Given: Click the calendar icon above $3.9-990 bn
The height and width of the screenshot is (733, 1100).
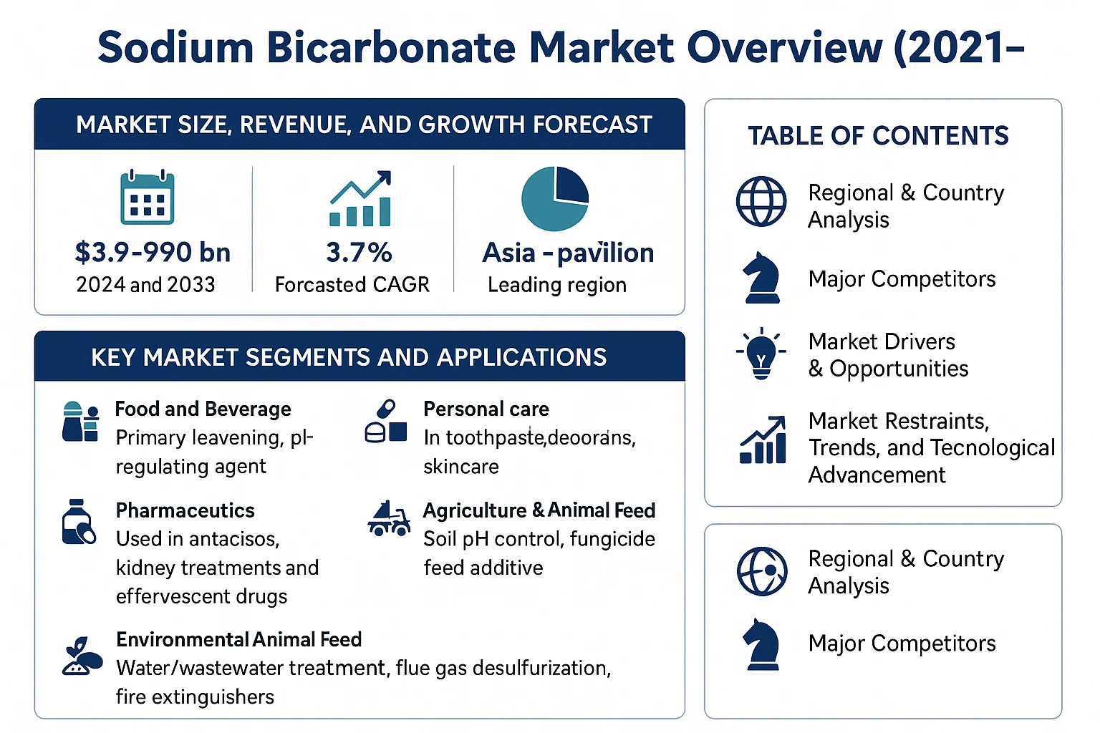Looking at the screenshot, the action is [147, 197].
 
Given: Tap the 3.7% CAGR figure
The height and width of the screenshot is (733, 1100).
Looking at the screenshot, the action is [359, 253].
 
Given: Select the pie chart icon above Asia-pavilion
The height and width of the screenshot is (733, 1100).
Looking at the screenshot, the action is [555, 199].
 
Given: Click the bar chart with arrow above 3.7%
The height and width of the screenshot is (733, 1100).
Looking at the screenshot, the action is [360, 198].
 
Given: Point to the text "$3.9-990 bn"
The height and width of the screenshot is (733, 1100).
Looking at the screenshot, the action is [153, 253].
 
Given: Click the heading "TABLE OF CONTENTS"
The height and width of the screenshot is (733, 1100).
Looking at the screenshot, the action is [878, 135].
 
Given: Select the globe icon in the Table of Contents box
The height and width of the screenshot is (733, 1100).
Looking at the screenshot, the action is [761, 201].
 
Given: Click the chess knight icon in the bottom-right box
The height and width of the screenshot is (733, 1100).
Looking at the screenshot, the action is [761, 644].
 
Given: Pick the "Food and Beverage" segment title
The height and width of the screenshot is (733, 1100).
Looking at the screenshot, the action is [203, 409].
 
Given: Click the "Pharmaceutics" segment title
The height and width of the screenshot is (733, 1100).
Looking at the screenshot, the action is [185, 510].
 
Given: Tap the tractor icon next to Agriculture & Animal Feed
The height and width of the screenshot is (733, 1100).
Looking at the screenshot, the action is [389, 518].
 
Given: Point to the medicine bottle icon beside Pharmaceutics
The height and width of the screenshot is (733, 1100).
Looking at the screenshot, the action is [79, 522].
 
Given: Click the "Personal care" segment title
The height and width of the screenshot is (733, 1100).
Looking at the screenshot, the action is [486, 409].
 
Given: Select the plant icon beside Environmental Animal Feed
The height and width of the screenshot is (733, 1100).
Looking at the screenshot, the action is [82, 656].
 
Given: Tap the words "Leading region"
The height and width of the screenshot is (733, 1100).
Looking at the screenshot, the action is [557, 285].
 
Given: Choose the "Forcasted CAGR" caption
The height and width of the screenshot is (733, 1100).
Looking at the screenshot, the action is [352, 285].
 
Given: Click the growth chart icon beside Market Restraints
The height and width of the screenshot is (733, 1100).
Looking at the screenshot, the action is [763, 440].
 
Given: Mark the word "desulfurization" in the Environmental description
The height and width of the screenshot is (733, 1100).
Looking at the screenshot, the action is [541, 668].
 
